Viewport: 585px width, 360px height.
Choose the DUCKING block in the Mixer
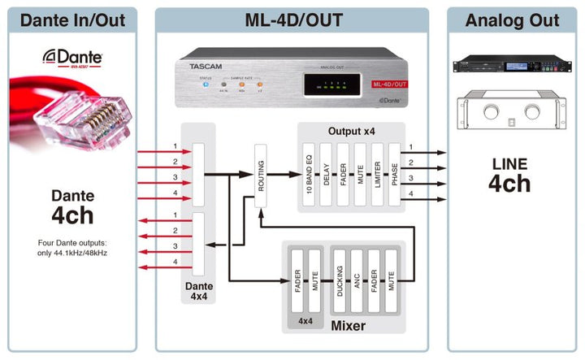[339, 280]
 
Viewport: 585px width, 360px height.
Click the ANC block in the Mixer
[357, 280]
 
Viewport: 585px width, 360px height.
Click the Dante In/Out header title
[72, 20]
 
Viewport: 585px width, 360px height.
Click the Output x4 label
[351, 131]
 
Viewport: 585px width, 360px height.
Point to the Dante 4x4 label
[200, 291]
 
